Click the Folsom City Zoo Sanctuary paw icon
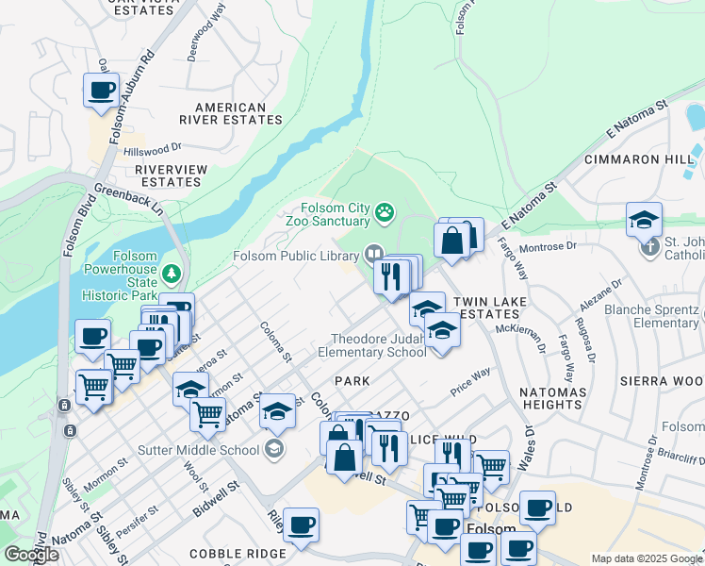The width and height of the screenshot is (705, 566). click(385, 213)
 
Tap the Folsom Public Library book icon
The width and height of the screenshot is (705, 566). click(373, 253)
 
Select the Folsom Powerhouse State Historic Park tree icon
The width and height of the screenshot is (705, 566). click(172, 275)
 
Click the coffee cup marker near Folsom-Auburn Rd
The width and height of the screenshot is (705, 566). click(101, 91)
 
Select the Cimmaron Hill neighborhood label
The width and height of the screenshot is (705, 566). click(638, 159)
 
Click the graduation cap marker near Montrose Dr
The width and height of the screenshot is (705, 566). click(644, 220)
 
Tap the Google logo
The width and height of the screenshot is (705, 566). click(31, 555)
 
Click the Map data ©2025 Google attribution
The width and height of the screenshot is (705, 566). click(647, 558)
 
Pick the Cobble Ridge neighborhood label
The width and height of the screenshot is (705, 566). click(238, 554)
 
